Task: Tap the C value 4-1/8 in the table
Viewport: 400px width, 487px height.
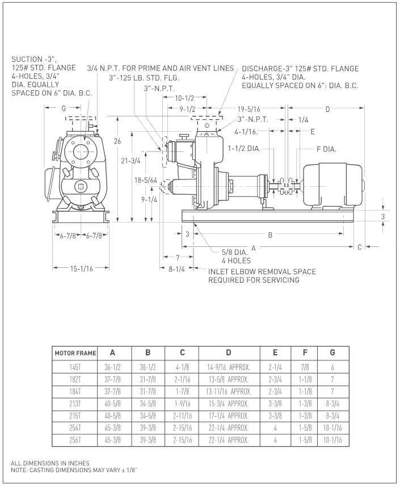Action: [x=182, y=367]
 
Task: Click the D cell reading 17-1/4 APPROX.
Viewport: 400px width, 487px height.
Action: [x=229, y=416]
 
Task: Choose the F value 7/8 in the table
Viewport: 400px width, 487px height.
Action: [x=306, y=367]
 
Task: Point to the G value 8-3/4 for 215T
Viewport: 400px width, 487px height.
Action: [x=332, y=416]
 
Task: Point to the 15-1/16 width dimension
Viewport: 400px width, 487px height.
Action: [x=81, y=268]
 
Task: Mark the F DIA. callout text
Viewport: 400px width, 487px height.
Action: [x=327, y=150]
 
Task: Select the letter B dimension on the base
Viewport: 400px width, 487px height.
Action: [x=270, y=234]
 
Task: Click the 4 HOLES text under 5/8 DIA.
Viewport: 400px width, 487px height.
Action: [x=236, y=261]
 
